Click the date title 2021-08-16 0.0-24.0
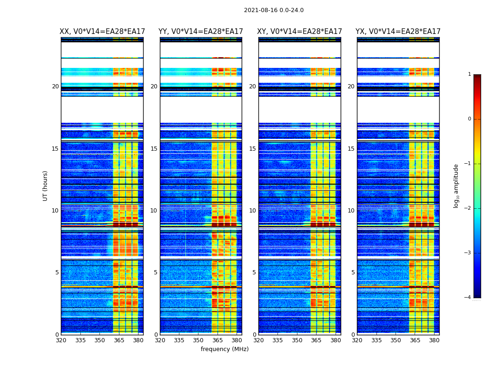(x=274, y=10)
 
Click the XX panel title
(x=102, y=32)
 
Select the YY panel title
(x=201, y=32)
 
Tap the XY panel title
(x=300, y=32)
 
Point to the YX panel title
(x=398, y=32)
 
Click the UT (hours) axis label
(x=46, y=186)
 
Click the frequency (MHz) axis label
(x=224, y=349)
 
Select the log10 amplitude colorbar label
(x=456, y=186)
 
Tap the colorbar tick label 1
(x=469, y=74)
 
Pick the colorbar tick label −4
(x=468, y=298)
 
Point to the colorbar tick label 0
(x=469, y=119)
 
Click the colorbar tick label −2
(x=468, y=208)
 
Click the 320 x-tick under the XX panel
(x=61, y=340)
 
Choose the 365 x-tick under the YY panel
(x=218, y=340)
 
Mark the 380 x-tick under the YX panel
(x=434, y=340)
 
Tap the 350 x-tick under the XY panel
(x=297, y=340)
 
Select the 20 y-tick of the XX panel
(x=55, y=86)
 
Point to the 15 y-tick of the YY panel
(x=154, y=149)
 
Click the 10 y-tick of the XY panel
(x=252, y=211)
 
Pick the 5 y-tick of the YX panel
(x=353, y=272)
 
